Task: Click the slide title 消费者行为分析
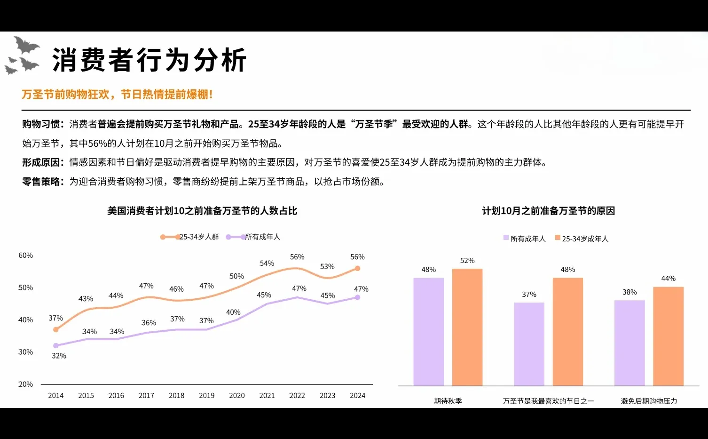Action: (149, 60)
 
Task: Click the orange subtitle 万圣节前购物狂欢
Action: (65, 95)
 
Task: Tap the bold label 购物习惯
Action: (41, 124)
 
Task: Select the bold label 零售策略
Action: (41, 182)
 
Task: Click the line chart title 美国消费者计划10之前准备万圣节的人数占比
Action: (202, 211)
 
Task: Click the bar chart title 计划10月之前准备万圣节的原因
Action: (548, 211)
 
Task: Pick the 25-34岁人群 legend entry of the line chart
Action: (190, 237)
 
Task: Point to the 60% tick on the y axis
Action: (25, 255)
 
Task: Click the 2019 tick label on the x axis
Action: (206, 396)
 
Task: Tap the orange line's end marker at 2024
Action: (357, 268)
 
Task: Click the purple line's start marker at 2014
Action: (56, 345)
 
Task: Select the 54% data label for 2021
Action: (267, 263)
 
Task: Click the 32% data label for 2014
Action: (59, 356)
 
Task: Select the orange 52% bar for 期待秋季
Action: (467, 327)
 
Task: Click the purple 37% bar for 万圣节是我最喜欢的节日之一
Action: (529, 344)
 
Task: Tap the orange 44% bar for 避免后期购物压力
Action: (668, 336)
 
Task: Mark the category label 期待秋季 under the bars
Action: (448, 401)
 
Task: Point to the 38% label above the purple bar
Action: (629, 292)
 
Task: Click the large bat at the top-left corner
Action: (26, 46)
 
